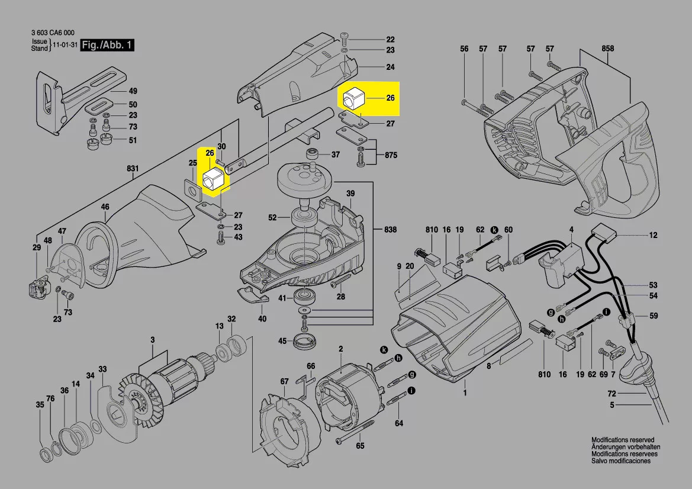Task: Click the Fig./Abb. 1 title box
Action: click(x=108, y=46)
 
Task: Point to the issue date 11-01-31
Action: click(x=66, y=46)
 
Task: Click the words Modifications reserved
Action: click(x=623, y=440)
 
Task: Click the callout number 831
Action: click(x=133, y=169)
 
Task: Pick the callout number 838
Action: click(x=390, y=229)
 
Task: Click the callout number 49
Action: click(x=133, y=91)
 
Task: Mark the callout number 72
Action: click(x=611, y=393)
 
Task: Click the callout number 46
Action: click(x=105, y=207)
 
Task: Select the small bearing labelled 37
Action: click(x=313, y=155)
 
